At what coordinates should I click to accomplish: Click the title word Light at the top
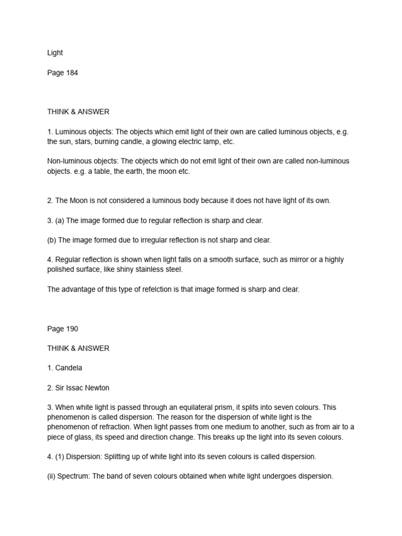click(x=55, y=53)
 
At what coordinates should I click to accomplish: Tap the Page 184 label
click(x=62, y=73)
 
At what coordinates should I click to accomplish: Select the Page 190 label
click(x=62, y=329)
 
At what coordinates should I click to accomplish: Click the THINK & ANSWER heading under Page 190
click(x=78, y=349)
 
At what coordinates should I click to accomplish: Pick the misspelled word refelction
click(x=159, y=289)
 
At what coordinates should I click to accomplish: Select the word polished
click(x=61, y=270)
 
